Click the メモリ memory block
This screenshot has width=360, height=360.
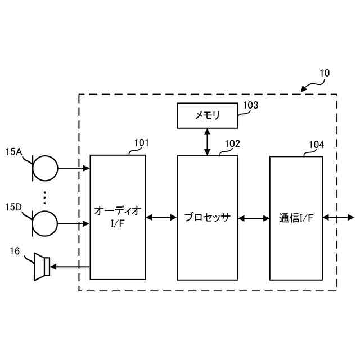point(207,115)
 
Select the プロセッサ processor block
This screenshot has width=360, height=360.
point(207,218)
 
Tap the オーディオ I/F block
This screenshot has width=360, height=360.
point(118,217)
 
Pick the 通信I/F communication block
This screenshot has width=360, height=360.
point(296,218)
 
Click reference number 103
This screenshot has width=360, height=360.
point(250,105)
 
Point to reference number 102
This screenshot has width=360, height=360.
point(232,143)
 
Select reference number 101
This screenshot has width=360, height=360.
point(141,143)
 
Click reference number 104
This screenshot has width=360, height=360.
point(316,145)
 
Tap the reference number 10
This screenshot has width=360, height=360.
point(325,73)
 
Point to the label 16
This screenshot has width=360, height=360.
point(15,252)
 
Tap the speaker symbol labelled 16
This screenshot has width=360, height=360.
point(41,265)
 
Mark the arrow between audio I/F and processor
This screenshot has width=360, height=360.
point(161,218)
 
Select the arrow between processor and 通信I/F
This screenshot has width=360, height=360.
point(253,218)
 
